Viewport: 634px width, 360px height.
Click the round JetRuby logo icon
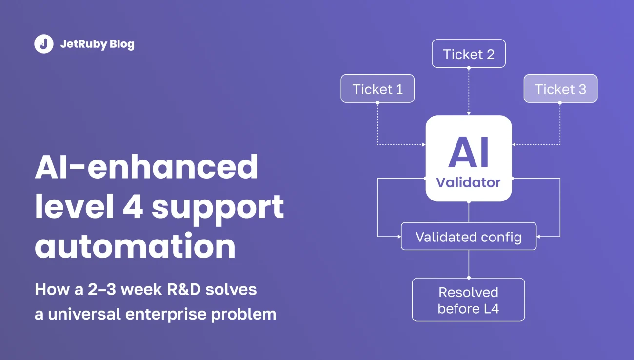(44, 44)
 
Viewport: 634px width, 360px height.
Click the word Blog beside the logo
(122, 44)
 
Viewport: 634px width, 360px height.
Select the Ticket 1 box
(377, 89)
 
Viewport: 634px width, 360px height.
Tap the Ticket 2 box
(469, 54)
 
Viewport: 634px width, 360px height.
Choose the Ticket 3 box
(560, 89)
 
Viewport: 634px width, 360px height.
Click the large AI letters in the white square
(469, 152)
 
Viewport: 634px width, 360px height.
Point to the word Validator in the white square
(468, 182)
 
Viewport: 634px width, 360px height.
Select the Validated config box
(469, 236)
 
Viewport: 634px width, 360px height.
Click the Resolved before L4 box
(468, 300)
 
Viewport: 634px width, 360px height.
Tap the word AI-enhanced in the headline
(146, 167)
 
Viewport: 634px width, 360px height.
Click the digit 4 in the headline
(133, 207)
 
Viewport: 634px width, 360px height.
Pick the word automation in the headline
(135, 246)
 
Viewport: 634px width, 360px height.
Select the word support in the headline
(218, 209)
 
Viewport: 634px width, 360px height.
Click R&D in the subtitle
(184, 290)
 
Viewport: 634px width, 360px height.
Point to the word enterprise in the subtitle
(166, 315)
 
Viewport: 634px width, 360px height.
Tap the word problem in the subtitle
(244, 315)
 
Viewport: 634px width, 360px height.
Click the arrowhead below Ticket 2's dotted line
(469, 113)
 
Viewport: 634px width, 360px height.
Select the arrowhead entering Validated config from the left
(399, 236)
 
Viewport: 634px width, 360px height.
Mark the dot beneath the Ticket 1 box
(377, 103)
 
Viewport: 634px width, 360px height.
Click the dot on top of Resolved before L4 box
(469, 278)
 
